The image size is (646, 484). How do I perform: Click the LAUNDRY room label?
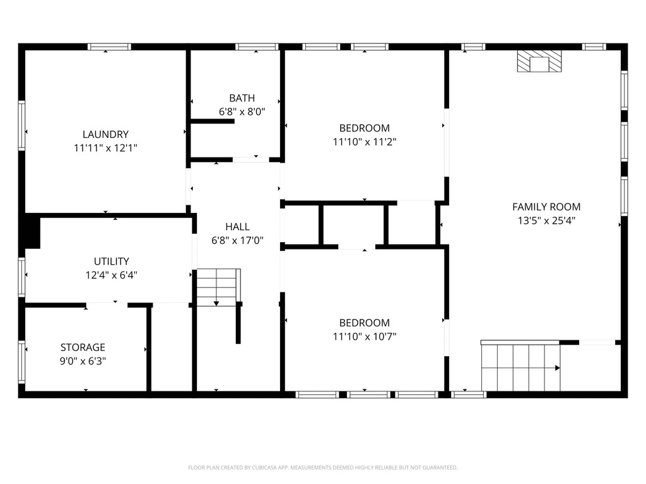tap(105, 134)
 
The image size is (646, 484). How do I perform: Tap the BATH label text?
tap(242, 98)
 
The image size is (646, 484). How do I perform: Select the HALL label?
tap(237, 226)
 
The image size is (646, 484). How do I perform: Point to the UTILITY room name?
tap(111, 261)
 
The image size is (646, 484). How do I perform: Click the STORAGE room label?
tap(83, 347)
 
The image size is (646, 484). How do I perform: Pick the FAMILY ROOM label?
tap(546, 207)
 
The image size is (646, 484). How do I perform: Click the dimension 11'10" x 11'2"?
tap(365, 142)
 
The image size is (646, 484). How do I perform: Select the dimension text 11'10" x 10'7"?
tap(365, 337)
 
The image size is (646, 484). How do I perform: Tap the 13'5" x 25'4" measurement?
tap(546, 220)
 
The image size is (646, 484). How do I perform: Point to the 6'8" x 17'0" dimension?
tap(237, 240)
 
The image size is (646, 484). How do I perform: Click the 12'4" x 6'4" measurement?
tap(111, 275)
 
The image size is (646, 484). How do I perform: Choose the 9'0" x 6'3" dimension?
tap(83, 360)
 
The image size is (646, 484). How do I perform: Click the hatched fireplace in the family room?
tap(539, 61)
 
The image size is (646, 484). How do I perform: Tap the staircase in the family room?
tap(520, 366)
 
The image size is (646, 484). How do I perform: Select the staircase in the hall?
tap(218, 287)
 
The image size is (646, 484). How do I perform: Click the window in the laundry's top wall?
tap(109, 47)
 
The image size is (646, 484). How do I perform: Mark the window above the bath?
tap(257, 47)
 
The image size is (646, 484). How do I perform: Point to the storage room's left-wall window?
tap(21, 362)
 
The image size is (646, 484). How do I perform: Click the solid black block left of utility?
tap(32, 231)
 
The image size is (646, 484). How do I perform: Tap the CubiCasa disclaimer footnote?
tap(322, 468)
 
